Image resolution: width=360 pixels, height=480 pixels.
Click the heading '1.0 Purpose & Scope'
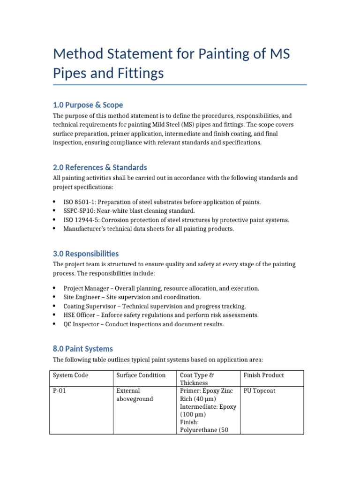tap(88, 105)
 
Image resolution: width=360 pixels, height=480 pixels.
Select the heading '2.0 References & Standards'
tap(100, 167)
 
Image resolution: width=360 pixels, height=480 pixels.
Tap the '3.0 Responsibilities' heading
tap(86, 254)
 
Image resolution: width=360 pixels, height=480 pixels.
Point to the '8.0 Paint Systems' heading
tap(83, 349)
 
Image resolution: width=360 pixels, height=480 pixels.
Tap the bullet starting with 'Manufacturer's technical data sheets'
tap(149, 229)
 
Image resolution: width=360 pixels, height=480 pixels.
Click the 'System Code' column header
tap(70, 375)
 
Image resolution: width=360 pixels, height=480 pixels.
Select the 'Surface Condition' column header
tap(141, 375)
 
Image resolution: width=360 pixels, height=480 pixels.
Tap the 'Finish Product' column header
tap(263, 375)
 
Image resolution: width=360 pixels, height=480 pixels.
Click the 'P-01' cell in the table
tap(60, 390)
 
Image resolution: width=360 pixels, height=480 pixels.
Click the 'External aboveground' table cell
tap(135, 395)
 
